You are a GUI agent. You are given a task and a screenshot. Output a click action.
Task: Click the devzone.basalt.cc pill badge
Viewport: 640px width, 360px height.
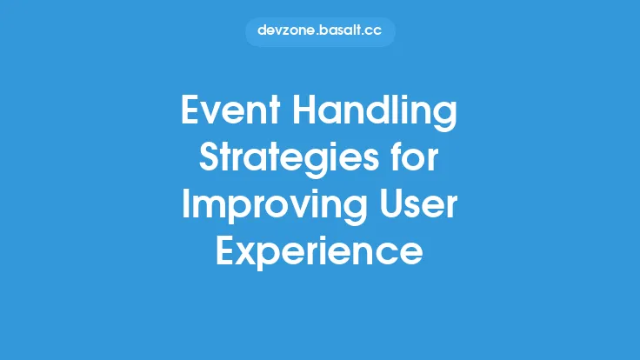pos(319,31)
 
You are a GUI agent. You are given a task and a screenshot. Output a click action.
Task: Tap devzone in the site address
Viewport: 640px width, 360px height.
pos(286,31)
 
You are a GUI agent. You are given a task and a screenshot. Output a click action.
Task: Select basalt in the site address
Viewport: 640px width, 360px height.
pos(340,31)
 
